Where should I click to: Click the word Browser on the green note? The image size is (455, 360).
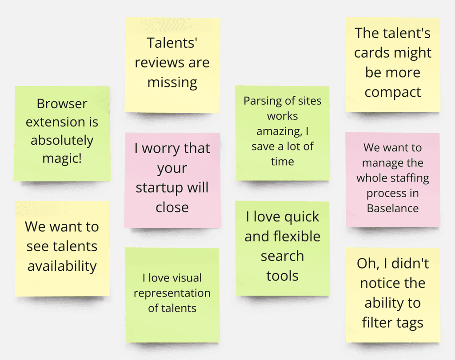pyautogui.click(x=62, y=104)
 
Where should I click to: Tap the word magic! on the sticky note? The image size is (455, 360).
pyautogui.click(x=62, y=158)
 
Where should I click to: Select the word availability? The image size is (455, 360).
pyautogui.click(x=62, y=266)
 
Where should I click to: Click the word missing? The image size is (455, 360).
pyautogui.click(x=172, y=82)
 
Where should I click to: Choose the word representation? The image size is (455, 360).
pyautogui.click(x=172, y=293)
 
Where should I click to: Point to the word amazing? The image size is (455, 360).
pyautogui.click(x=278, y=131)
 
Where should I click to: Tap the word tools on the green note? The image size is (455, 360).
pyautogui.click(x=282, y=276)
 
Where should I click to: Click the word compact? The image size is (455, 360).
pyautogui.click(x=393, y=92)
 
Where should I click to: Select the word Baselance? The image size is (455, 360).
pyautogui.click(x=393, y=208)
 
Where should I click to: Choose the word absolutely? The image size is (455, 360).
pyautogui.click(x=62, y=140)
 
